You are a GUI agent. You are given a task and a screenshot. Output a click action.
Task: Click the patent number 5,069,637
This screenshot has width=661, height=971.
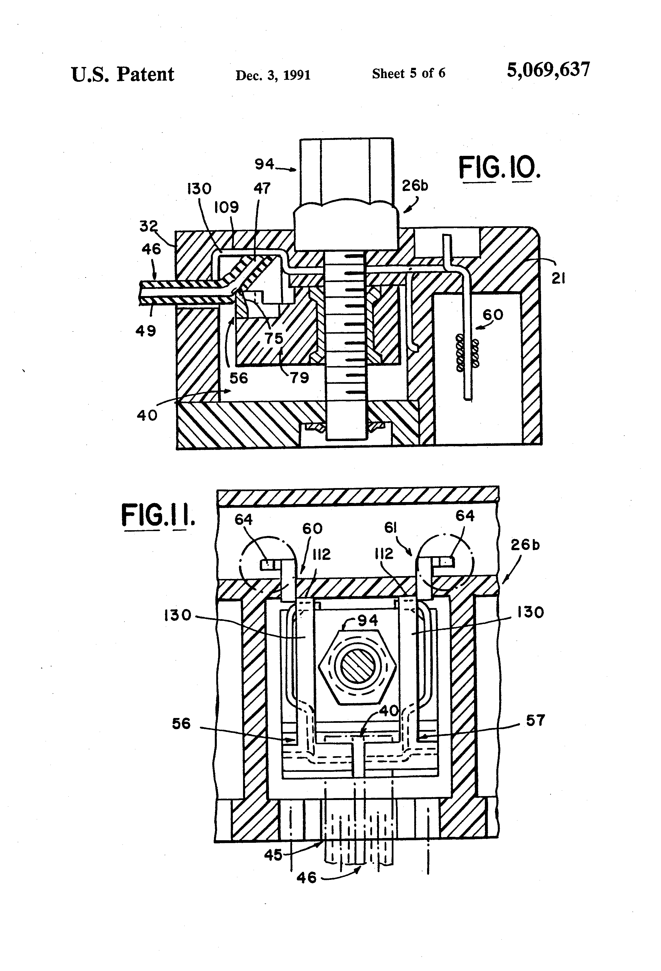(x=548, y=70)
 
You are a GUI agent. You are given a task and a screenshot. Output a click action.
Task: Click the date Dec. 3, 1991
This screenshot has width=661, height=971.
(x=273, y=75)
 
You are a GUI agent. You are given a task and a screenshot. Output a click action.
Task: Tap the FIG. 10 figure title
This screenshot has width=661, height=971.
(x=499, y=168)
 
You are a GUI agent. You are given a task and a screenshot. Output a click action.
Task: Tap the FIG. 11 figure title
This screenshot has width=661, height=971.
(x=158, y=515)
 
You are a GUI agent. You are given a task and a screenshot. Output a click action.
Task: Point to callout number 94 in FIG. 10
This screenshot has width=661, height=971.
(x=264, y=164)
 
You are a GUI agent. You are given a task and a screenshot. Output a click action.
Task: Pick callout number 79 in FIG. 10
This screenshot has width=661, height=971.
(x=299, y=378)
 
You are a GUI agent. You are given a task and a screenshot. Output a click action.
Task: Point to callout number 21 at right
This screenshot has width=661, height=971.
(x=559, y=278)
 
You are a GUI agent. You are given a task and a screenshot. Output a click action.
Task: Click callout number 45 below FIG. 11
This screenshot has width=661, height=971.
(x=273, y=855)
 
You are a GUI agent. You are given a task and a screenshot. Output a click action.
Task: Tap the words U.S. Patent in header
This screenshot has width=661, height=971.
(x=123, y=74)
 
